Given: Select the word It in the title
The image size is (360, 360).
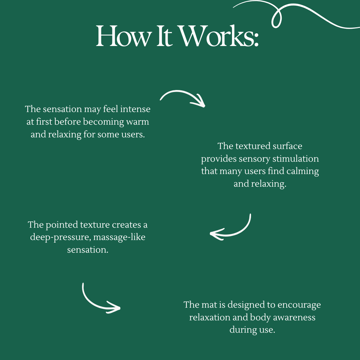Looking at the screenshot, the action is point(164,36).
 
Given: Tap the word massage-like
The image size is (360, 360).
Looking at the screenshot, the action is point(119,237).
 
